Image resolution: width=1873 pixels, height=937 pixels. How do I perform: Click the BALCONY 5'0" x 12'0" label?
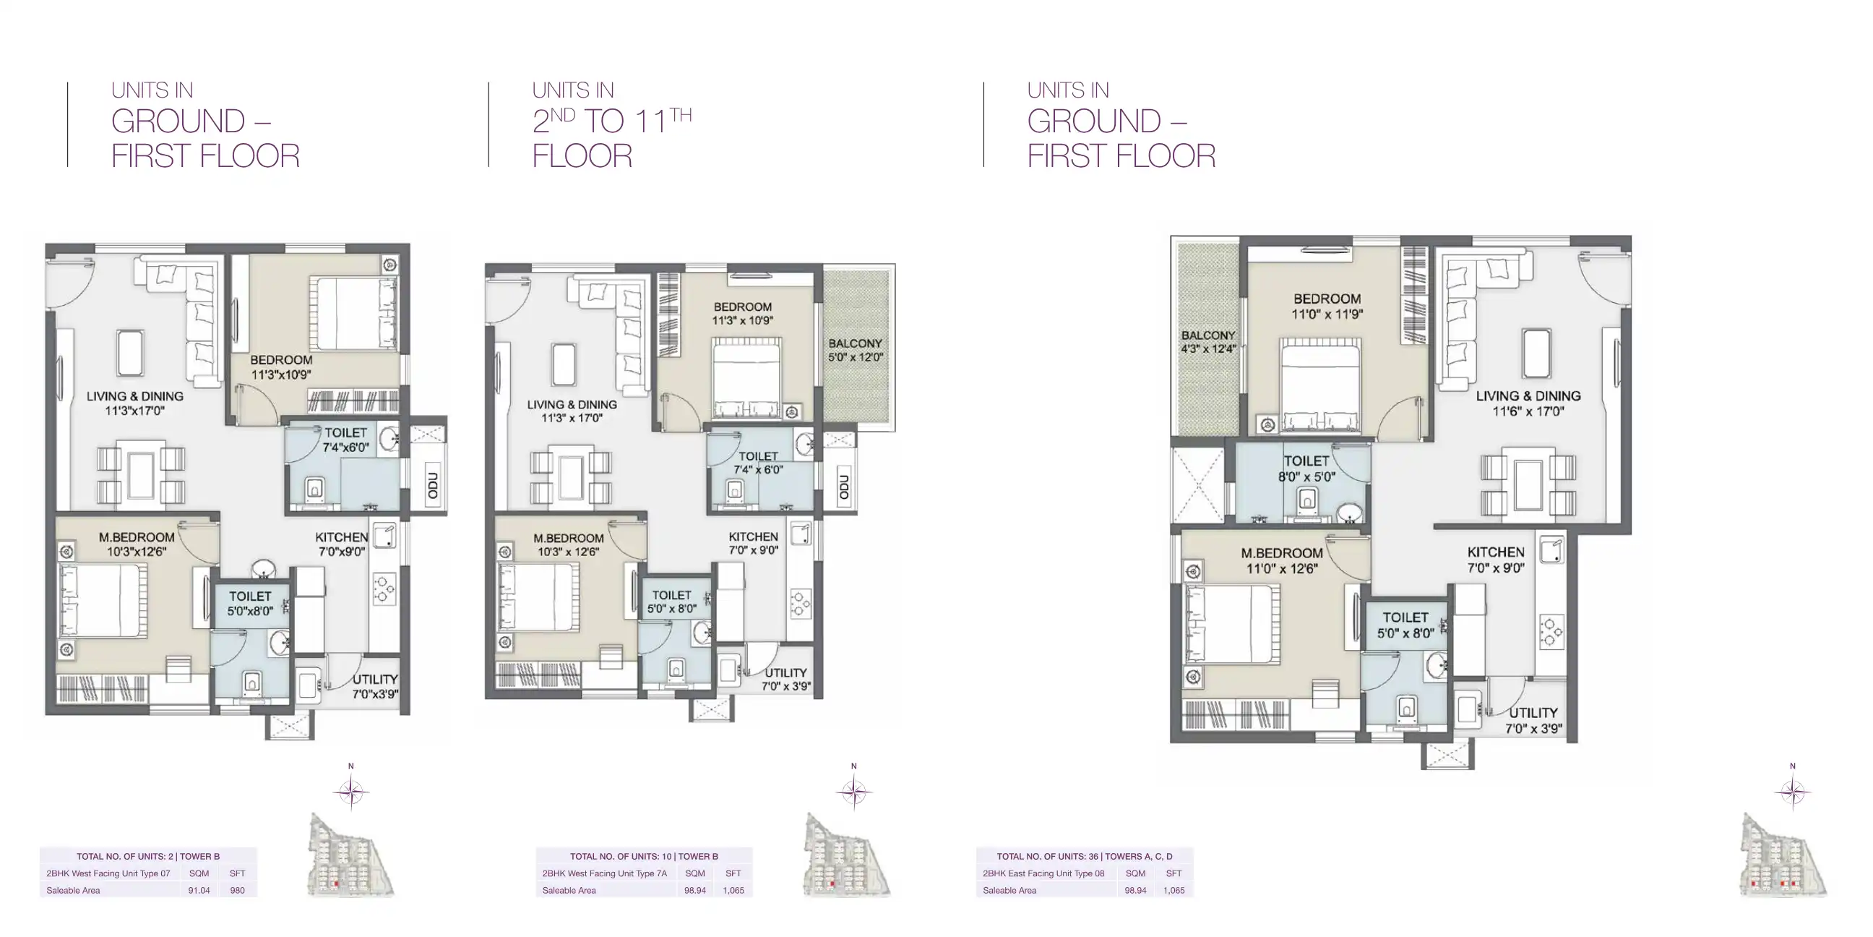click(x=855, y=350)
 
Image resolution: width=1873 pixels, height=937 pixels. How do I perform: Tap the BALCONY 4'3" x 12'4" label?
click(x=1208, y=342)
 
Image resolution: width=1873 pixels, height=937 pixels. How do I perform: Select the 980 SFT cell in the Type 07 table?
click(x=237, y=890)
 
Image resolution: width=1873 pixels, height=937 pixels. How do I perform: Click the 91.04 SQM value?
click(x=199, y=890)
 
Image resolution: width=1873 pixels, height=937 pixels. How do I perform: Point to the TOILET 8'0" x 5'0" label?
click(x=1306, y=469)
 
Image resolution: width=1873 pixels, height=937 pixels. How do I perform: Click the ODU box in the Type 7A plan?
click(x=844, y=487)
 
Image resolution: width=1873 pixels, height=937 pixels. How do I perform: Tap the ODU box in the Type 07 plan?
click(x=434, y=484)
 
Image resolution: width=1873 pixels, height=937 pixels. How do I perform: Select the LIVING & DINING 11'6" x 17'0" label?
click(x=1528, y=403)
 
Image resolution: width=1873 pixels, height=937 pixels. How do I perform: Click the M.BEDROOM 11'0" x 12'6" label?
click(x=1281, y=560)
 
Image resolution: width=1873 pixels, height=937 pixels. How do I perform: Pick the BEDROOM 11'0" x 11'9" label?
click(x=1327, y=307)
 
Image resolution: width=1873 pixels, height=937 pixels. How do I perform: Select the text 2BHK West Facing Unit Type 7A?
click(x=604, y=873)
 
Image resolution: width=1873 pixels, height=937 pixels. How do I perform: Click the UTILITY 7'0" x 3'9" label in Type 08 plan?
click(x=1533, y=720)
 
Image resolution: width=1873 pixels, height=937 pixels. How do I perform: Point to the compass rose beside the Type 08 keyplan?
click(x=1792, y=792)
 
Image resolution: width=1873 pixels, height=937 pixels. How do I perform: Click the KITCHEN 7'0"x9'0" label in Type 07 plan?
click(x=342, y=544)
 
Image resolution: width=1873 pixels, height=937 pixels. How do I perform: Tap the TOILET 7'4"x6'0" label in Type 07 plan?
click(x=346, y=440)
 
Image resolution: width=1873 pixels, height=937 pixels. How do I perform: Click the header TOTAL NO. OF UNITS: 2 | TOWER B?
click(x=148, y=856)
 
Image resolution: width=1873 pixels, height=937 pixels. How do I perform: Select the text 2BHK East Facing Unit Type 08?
click(x=1043, y=873)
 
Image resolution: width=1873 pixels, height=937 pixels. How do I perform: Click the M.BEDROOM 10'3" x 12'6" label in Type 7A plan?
click(x=568, y=545)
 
